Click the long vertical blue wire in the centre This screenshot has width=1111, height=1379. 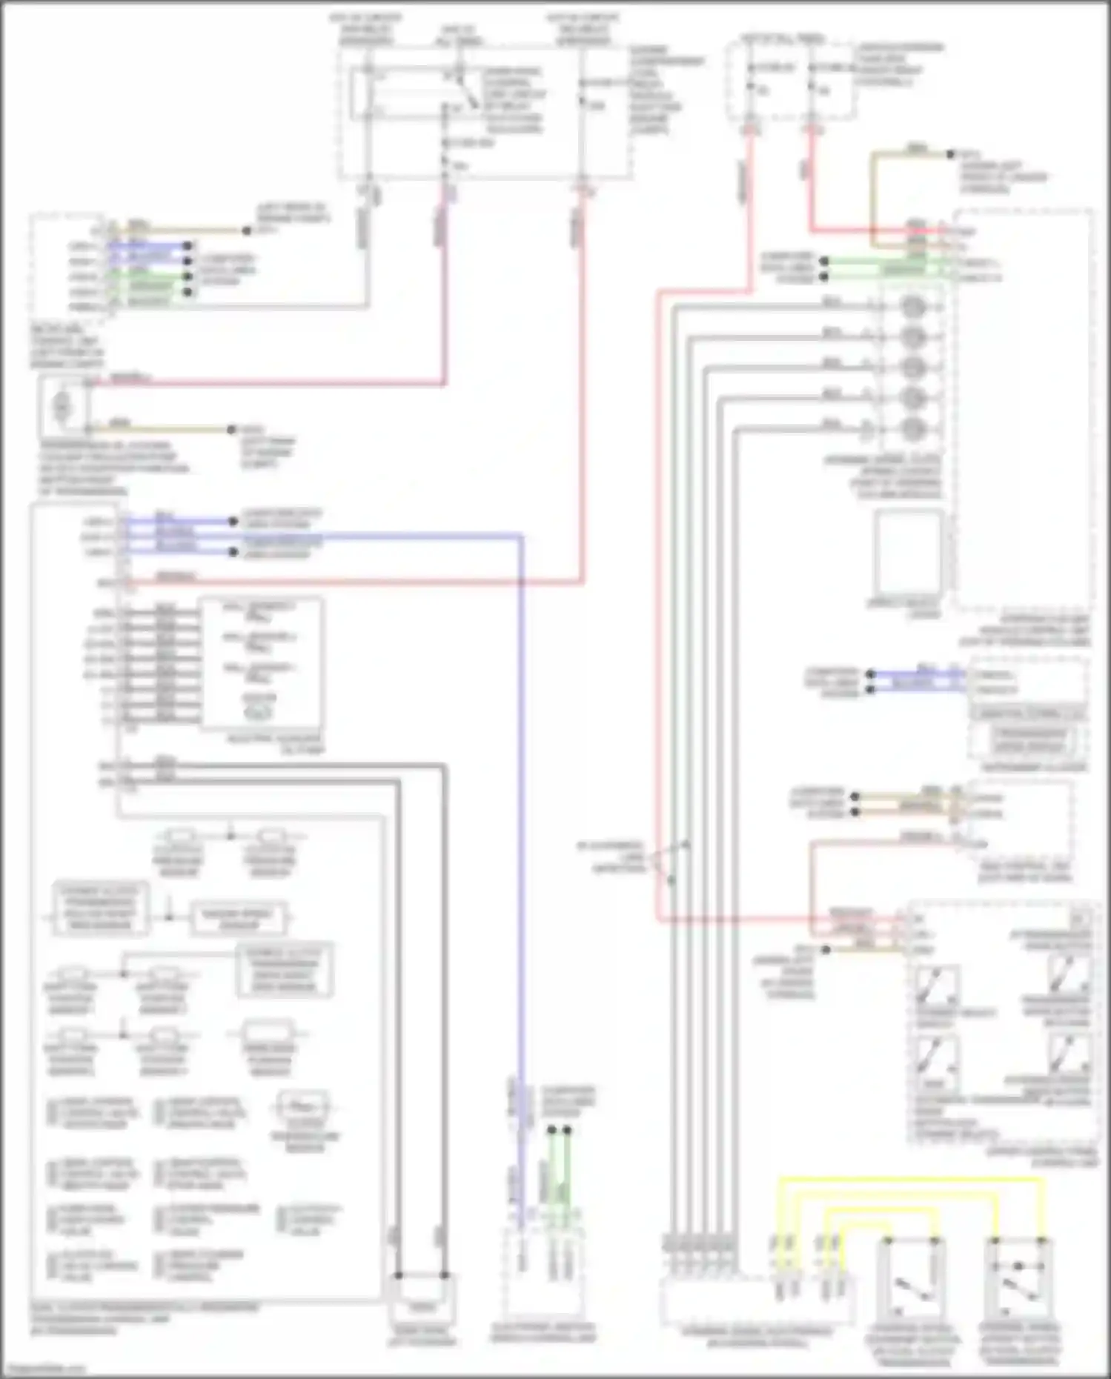point(521,815)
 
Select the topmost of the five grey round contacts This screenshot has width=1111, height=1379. point(913,307)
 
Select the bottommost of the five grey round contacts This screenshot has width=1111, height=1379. point(913,428)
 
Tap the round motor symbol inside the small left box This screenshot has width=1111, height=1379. point(62,406)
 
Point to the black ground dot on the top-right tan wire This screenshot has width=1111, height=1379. point(950,155)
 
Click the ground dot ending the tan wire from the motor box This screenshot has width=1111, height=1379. point(231,430)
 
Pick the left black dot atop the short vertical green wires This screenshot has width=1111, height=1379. point(551,1131)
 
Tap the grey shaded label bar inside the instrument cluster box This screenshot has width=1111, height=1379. point(1028,714)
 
